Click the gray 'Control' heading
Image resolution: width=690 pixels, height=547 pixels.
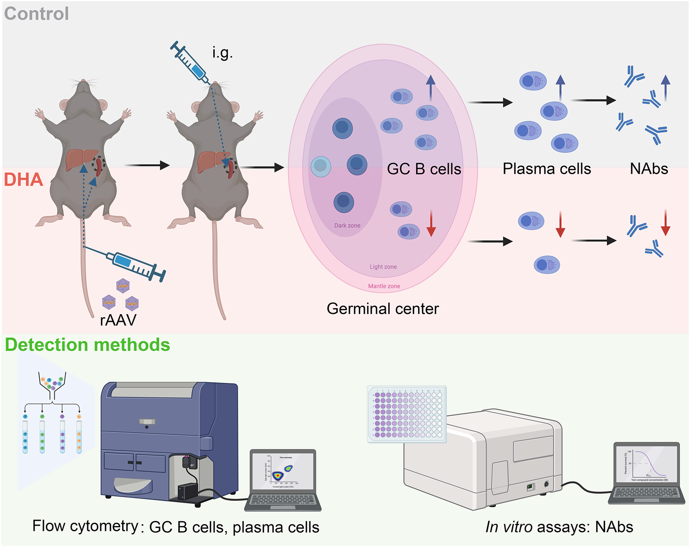pos(36,14)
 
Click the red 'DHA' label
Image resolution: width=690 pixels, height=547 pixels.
pos(23,180)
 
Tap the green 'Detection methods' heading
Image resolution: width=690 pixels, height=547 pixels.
pos(87,345)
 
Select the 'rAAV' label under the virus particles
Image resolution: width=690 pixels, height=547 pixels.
pos(118,320)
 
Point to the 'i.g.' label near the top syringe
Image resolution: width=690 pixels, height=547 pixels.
pos(222,53)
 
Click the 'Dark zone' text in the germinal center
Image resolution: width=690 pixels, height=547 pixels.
pos(347,225)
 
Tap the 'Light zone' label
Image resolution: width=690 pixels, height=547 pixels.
pos(383,267)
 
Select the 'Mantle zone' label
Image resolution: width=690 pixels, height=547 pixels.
pos(384,286)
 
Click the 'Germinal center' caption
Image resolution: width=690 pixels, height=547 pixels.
pos(383,309)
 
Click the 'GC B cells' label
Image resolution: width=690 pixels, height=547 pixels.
pos(424,169)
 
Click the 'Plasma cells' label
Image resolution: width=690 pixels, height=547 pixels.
pos(546,169)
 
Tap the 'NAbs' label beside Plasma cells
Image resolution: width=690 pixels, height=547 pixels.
pos(648,169)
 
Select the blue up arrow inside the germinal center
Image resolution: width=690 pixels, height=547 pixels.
pos(430,88)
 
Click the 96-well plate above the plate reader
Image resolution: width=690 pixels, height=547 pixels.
pos(406,414)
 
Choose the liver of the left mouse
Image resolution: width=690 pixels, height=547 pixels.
pos(81,159)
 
